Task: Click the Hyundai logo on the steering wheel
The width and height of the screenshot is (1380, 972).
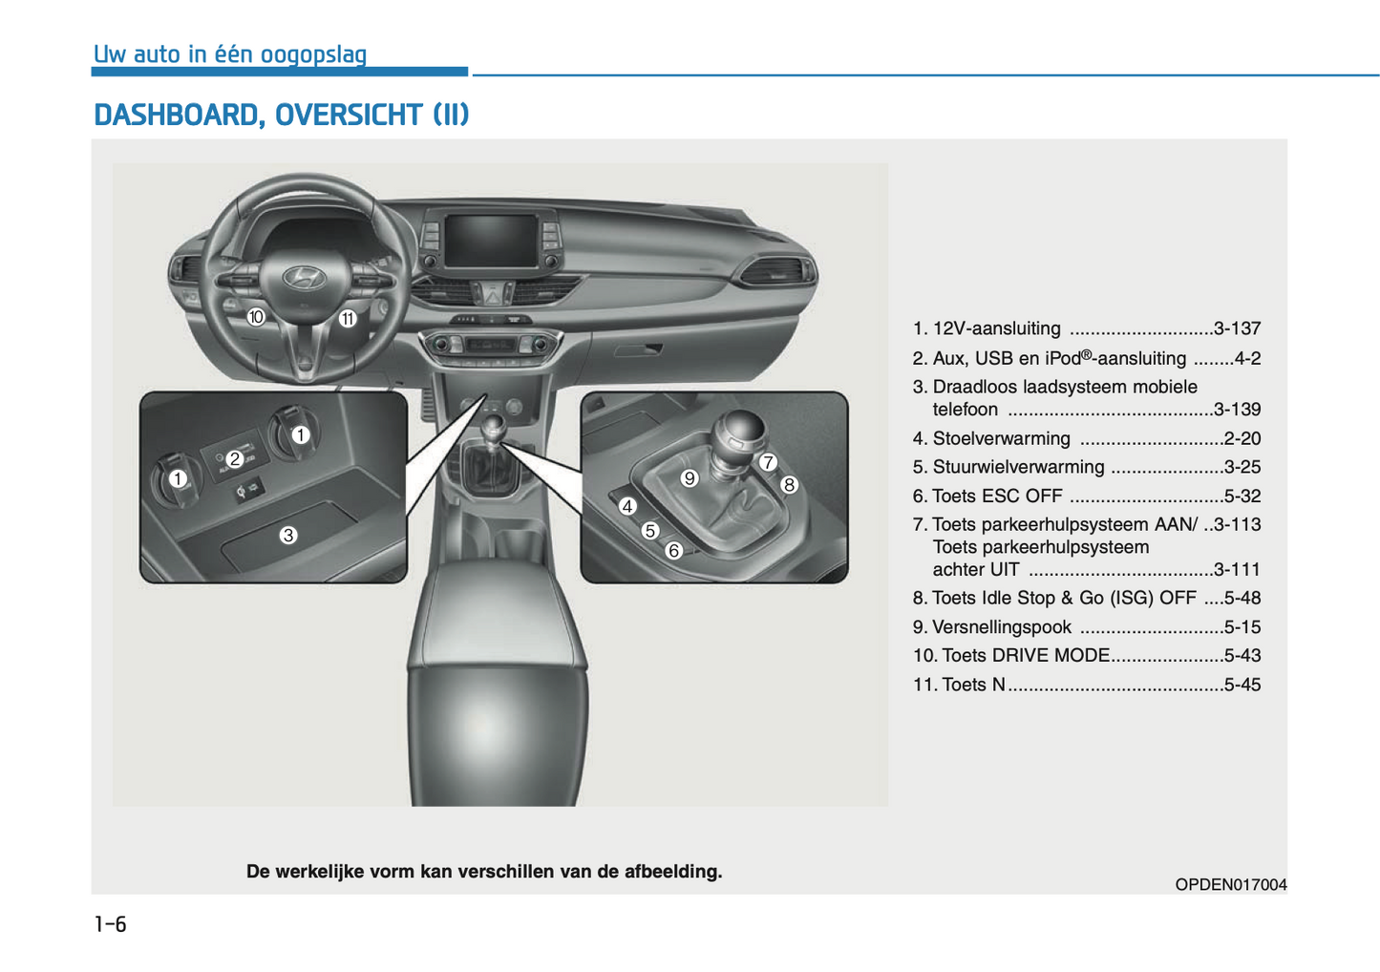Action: point(305,277)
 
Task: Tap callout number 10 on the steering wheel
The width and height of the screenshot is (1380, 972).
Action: point(256,317)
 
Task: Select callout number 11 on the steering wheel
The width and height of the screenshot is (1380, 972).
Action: point(348,319)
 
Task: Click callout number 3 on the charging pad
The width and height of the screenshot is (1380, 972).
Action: point(288,536)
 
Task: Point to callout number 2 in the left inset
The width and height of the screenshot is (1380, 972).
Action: point(234,459)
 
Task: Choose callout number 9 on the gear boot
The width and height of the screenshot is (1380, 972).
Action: point(690,478)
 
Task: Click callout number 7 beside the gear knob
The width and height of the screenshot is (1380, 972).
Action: point(768,463)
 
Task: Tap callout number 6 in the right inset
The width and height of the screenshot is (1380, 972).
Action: point(673,551)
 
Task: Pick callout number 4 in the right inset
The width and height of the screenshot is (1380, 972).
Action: point(627,507)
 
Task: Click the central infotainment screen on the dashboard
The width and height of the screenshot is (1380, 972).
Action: point(492,240)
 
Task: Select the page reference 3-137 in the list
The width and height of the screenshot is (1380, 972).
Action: point(1237,329)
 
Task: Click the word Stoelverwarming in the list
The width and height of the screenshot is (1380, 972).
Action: point(1001,439)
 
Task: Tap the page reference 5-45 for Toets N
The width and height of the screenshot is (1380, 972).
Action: point(1242,685)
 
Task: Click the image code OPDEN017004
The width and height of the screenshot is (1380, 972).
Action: point(1230,885)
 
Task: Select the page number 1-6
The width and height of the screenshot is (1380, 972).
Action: point(110,924)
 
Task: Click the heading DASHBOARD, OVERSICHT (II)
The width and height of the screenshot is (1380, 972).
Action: point(281,116)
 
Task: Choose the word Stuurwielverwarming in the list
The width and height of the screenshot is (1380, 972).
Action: point(1018,468)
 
